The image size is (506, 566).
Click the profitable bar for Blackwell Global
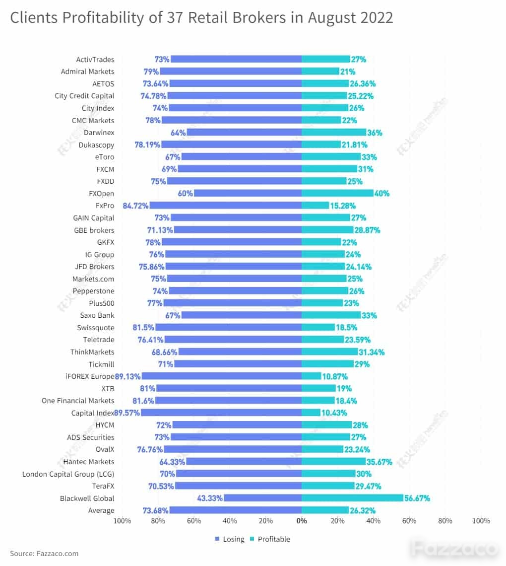click(x=352, y=498)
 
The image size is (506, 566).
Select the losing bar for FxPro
click(x=226, y=206)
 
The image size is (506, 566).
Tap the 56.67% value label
click(x=417, y=498)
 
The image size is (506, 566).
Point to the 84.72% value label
click(x=135, y=206)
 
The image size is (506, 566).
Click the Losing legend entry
click(x=230, y=539)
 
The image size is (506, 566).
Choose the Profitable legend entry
click(x=270, y=539)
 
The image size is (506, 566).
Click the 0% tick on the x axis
click(x=302, y=521)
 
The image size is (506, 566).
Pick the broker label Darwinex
click(x=99, y=133)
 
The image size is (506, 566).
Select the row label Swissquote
click(x=96, y=328)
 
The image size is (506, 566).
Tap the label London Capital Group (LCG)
click(x=68, y=474)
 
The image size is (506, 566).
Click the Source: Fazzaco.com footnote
click(x=44, y=554)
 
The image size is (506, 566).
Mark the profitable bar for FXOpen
click(x=337, y=193)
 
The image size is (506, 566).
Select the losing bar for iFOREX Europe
click(x=222, y=376)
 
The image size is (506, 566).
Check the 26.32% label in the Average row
click(x=363, y=510)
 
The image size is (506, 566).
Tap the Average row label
click(x=101, y=510)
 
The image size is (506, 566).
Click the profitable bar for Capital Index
click(x=311, y=413)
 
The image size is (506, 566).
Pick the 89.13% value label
click(x=127, y=376)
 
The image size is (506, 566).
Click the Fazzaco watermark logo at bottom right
click(x=455, y=549)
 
